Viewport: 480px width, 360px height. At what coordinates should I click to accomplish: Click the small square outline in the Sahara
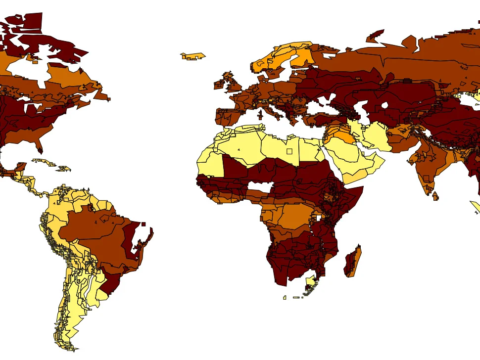tap(289, 151)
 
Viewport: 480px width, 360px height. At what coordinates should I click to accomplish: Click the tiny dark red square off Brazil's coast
tap(144, 224)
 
